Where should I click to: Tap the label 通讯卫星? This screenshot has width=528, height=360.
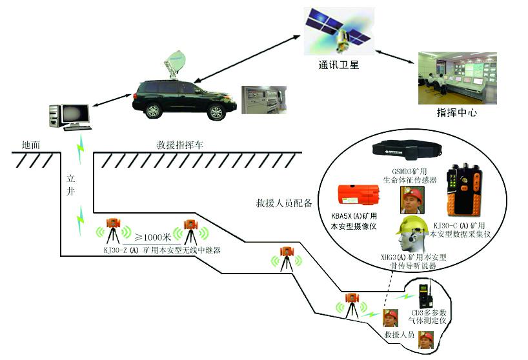(x=338, y=65)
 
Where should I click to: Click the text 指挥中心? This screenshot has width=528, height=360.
(x=456, y=113)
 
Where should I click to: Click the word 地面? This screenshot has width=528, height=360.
(x=30, y=145)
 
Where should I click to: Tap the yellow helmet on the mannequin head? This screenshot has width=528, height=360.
(x=411, y=225)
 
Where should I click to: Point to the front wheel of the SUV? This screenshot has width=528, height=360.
(x=152, y=110)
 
